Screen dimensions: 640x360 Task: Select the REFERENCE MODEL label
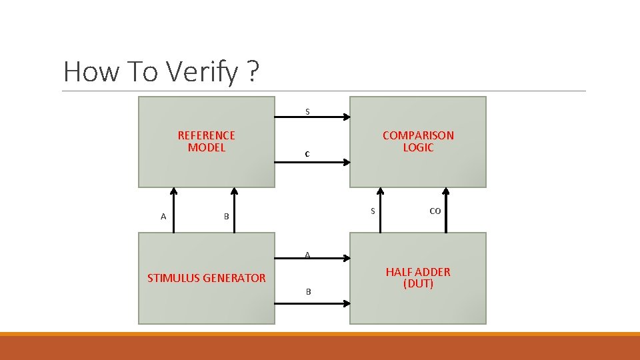click(206, 141)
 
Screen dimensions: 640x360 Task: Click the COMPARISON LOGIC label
click(418, 141)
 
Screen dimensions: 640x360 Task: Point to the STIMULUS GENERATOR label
click(206, 278)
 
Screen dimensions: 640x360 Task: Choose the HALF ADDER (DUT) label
click(418, 277)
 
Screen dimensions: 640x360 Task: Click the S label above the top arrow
click(307, 111)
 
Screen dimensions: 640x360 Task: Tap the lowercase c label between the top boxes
click(307, 154)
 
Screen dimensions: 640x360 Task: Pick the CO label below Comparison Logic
click(435, 211)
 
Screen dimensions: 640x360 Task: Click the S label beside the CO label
click(372, 211)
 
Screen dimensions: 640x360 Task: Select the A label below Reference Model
click(163, 216)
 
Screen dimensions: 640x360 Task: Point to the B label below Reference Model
click(226, 217)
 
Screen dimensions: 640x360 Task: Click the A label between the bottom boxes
click(307, 255)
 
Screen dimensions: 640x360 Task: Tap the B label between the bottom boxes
click(308, 291)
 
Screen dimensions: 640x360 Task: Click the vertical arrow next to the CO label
click(445, 210)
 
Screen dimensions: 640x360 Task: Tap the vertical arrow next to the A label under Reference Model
click(174, 210)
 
